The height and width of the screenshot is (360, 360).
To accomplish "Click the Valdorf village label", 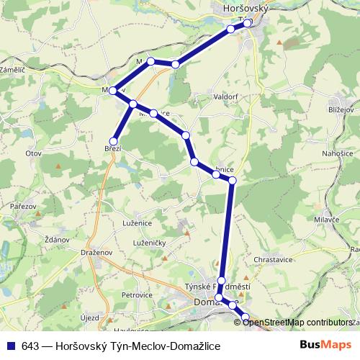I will coord(225,96).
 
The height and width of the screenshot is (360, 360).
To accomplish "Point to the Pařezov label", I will coord(23,207).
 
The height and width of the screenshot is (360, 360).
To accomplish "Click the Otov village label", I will coord(33,153).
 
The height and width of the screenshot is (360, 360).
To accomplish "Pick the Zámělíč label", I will coord(13,70).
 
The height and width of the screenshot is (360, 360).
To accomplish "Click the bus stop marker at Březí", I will coord(113,140).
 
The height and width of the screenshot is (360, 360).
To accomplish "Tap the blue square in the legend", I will coord(10,346).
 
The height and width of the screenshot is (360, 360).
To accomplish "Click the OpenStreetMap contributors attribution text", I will coord(297,323).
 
